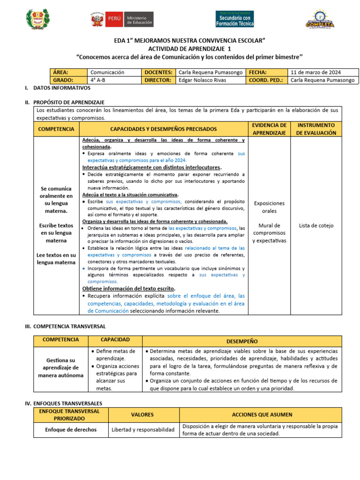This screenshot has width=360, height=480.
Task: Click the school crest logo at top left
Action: pos(37,20)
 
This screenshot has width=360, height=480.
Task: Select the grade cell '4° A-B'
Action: pos(113,80)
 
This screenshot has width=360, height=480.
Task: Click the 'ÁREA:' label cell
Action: pos(68,73)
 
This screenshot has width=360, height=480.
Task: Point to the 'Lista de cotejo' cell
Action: pos(316,225)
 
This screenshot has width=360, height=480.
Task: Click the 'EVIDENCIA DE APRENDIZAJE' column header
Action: pos(269,129)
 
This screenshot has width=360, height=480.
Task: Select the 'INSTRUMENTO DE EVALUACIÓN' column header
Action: pos(316,129)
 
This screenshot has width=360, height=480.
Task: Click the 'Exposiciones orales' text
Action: pos(269,207)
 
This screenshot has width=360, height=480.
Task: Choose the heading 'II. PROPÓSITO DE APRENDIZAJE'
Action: pos(65,102)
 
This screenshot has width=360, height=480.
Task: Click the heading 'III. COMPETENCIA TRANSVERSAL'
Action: pos(65,326)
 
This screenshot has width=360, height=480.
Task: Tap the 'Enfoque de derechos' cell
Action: pos(71,429)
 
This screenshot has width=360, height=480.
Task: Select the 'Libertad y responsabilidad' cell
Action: pos(143,429)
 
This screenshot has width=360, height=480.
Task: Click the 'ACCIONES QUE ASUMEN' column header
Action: pos(262,414)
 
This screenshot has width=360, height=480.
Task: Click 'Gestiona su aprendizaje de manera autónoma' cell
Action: pos(59,367)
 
